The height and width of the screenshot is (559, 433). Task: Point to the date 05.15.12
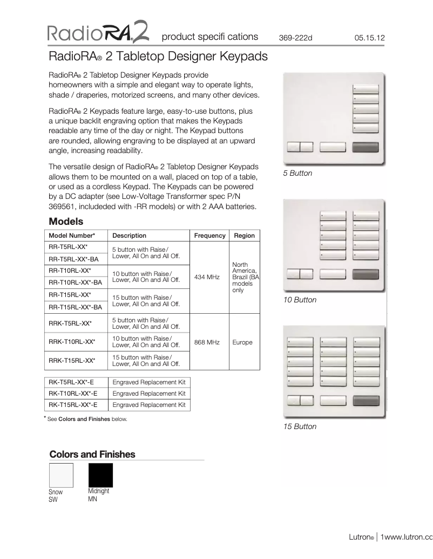(x=369, y=38)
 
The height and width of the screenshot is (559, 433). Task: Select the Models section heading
(x=66, y=222)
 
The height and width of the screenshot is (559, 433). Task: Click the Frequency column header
(x=209, y=236)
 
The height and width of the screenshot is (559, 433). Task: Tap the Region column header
(x=244, y=236)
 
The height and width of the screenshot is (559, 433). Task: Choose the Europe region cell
(x=242, y=342)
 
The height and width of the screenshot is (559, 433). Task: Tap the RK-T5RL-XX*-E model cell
(x=73, y=382)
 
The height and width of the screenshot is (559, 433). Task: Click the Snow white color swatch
(x=61, y=475)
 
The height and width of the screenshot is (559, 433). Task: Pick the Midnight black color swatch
(x=100, y=475)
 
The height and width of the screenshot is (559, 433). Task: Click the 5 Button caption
(x=297, y=174)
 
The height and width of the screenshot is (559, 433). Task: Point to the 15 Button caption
(x=300, y=426)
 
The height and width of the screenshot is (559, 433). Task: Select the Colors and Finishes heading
(x=92, y=454)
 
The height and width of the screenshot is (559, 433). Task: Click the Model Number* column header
(x=72, y=236)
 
